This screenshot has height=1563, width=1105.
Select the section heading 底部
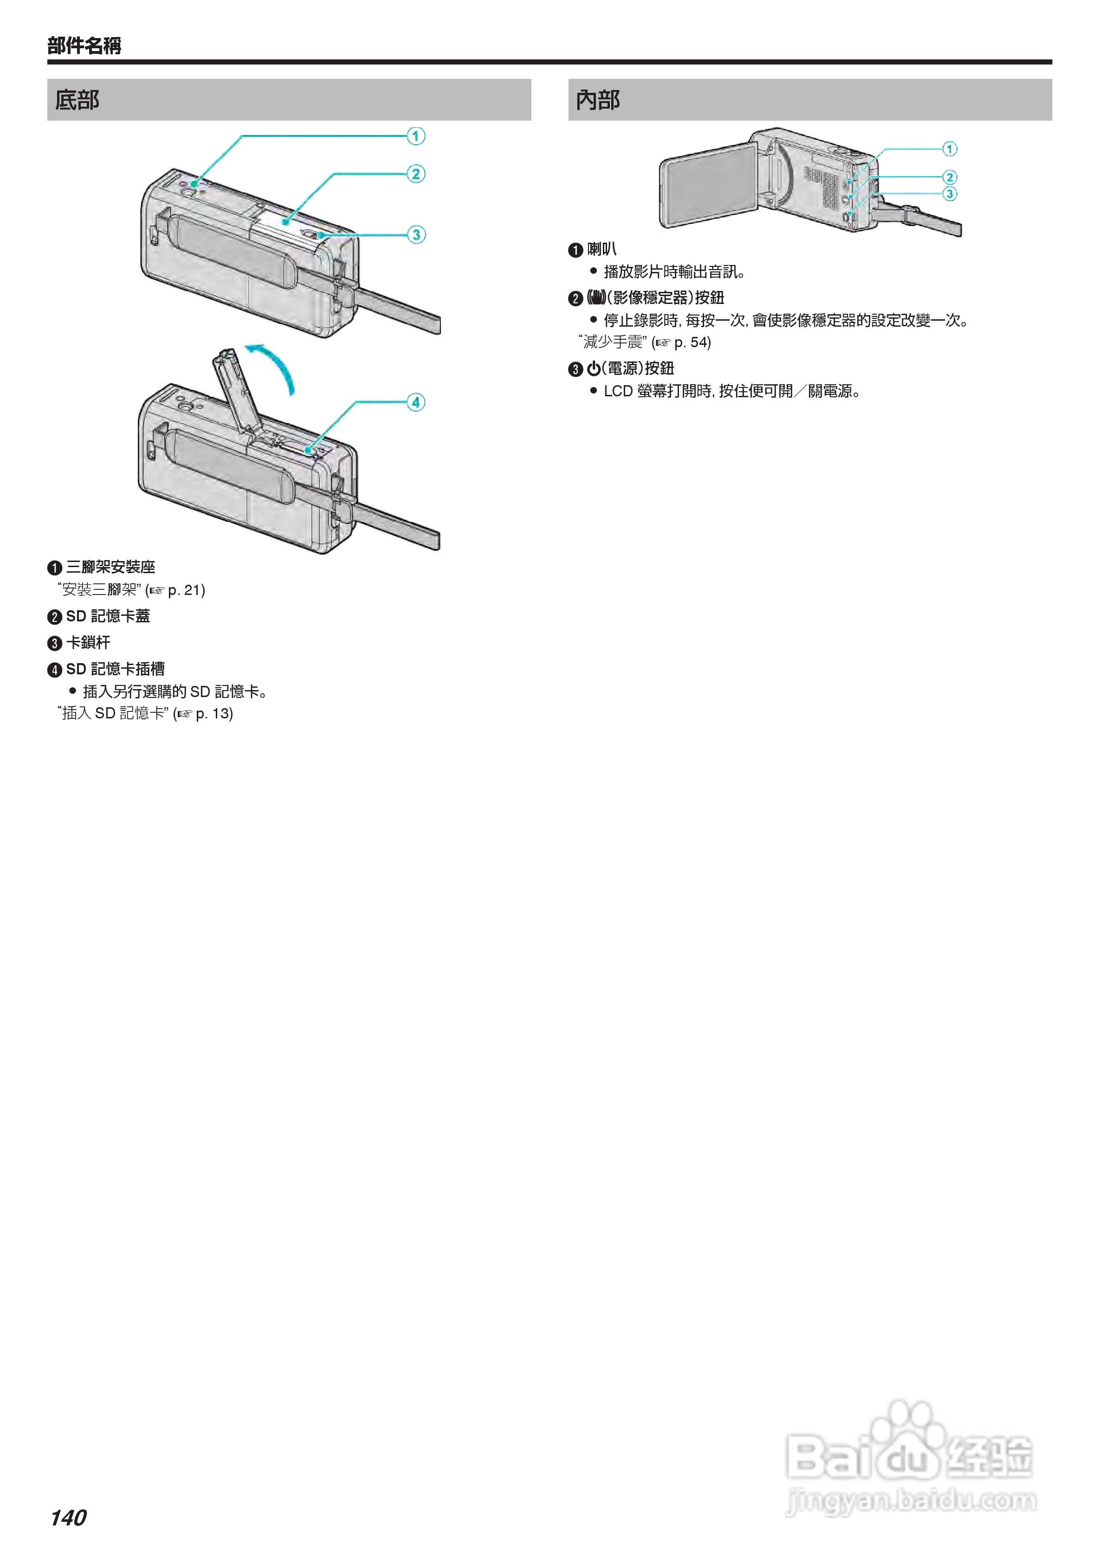pos(77,100)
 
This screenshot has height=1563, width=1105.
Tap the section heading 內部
pos(598,100)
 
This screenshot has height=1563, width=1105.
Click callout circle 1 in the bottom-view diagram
pos(416,136)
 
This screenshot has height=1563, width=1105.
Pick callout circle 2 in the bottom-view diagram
pos(416,174)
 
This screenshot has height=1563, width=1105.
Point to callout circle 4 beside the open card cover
pos(416,402)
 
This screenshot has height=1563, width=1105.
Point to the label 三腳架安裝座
pos(110,567)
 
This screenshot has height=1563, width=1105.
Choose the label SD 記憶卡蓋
pos(108,616)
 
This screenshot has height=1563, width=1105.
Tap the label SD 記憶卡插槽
pos(115,669)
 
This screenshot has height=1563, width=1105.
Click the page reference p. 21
pos(185,590)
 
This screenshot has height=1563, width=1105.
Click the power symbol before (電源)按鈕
pos(594,369)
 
